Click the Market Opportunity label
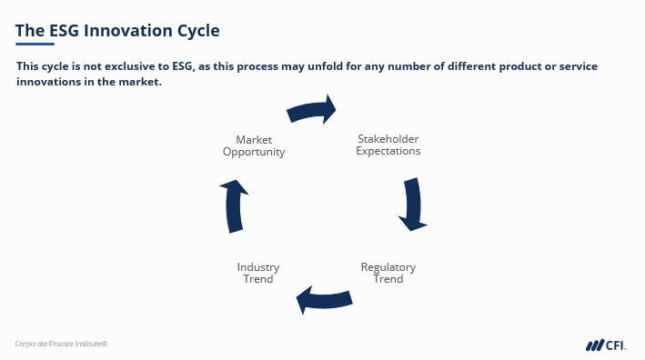pyautogui.click(x=254, y=145)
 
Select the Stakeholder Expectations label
pyautogui.click(x=388, y=145)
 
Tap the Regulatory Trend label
pyautogui.click(x=388, y=273)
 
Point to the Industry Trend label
pyautogui.click(x=258, y=273)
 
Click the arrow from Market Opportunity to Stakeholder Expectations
pyautogui.click(x=311, y=111)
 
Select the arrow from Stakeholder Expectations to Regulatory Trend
pyautogui.click(x=413, y=205)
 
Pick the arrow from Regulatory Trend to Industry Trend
pyautogui.click(x=324, y=300)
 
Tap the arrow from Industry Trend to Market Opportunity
pyautogui.click(x=235, y=206)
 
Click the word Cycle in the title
pyautogui.click(x=198, y=31)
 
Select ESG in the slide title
pyautogui.click(x=64, y=30)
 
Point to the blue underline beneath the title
pyautogui.click(x=35, y=44)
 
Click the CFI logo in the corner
pyautogui.click(x=606, y=345)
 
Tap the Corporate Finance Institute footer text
pyautogui.click(x=61, y=344)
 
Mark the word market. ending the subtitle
pyautogui.click(x=140, y=82)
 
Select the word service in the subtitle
pyautogui.click(x=578, y=66)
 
